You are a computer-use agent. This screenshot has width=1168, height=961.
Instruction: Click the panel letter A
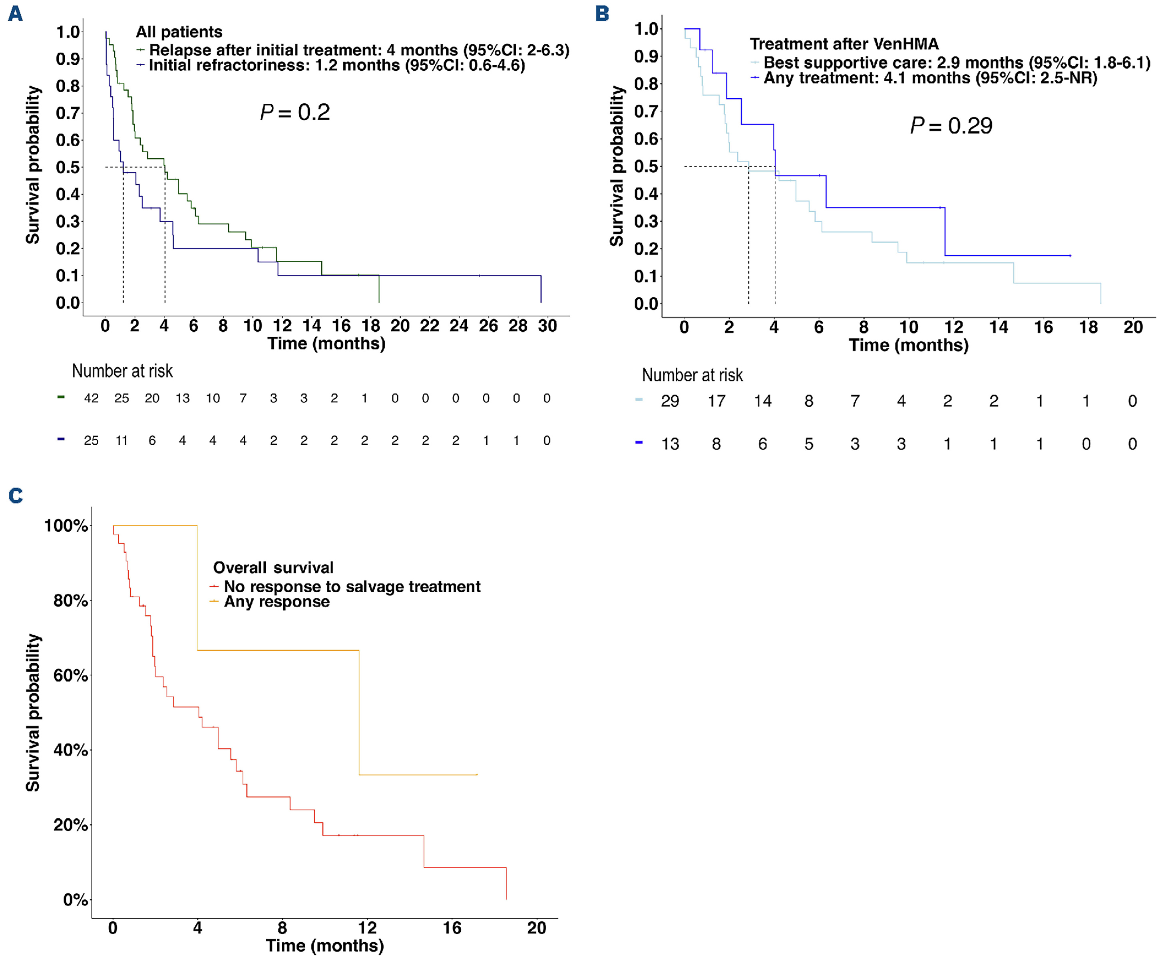pos(16,13)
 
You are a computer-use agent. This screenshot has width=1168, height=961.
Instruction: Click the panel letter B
pos(602,13)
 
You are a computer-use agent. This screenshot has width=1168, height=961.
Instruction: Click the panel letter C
pos(16,495)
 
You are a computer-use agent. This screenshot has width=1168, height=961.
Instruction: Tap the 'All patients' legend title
pos(179,32)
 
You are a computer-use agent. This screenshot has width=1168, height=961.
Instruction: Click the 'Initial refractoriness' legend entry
pos(336,65)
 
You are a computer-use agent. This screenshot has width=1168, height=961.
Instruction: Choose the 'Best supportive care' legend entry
pos(957,63)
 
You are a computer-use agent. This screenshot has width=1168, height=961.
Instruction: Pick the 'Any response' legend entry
pos(276,602)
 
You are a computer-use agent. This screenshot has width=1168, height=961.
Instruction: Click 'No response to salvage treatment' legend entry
pos(352,586)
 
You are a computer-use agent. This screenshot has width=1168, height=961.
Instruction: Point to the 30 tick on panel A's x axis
pos(547,326)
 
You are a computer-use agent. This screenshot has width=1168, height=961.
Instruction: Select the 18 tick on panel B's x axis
pos(1088,327)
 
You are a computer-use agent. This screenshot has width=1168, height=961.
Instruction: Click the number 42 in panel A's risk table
pos(92,398)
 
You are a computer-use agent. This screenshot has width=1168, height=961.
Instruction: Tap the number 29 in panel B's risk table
pos(670,401)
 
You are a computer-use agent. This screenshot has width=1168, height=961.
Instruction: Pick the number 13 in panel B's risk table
pos(670,444)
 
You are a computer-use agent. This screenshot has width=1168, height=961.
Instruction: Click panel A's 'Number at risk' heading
pos(122,371)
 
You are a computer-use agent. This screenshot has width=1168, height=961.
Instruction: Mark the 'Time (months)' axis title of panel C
pos(324,945)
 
